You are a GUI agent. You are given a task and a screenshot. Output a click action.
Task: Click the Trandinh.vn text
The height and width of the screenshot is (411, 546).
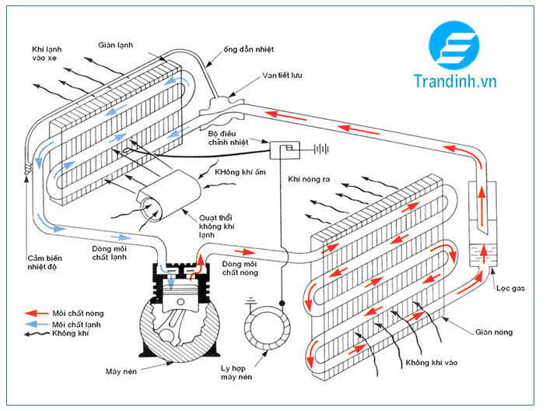point(456,80)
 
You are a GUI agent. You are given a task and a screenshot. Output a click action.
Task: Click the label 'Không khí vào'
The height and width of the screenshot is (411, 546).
point(433,363)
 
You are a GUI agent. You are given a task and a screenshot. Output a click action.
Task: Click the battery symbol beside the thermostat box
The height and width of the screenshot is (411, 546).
point(318,146)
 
